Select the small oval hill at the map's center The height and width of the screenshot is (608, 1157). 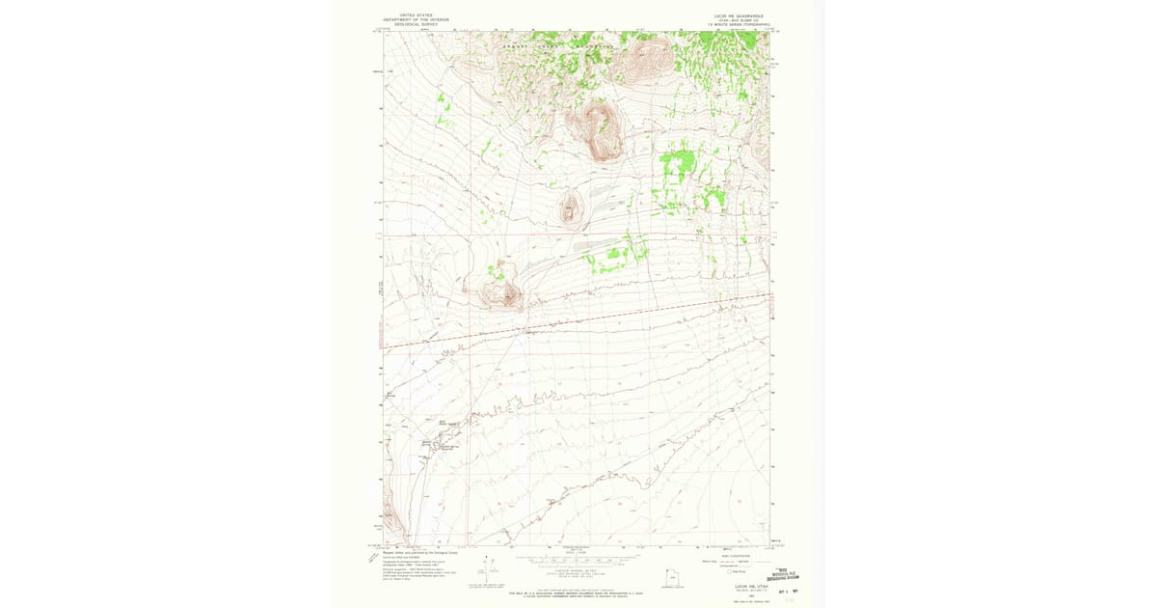pos(571,207)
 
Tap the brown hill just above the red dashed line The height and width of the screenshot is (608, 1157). pos(502,292)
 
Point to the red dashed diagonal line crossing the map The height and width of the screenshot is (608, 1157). pos(578,319)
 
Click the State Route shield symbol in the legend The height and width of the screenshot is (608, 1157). pos(733,571)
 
